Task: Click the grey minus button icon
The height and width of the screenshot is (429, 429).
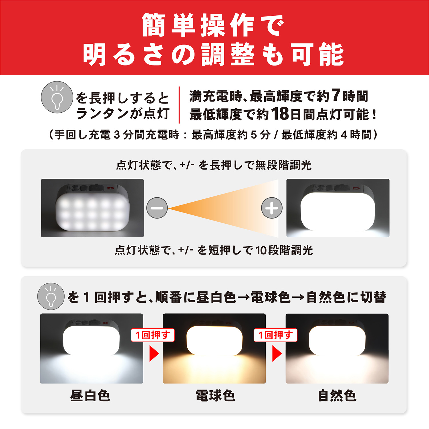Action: [157, 208]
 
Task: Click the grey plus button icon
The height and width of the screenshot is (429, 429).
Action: [272, 208]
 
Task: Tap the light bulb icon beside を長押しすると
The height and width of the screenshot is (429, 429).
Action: [57, 97]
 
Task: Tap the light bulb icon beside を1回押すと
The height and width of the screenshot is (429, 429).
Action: [51, 296]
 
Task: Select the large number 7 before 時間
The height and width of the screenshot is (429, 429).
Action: [336, 95]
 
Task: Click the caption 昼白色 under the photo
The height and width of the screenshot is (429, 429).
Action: [90, 396]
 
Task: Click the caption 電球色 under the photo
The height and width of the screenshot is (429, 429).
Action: [215, 396]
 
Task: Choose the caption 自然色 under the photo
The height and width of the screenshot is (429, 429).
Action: [337, 396]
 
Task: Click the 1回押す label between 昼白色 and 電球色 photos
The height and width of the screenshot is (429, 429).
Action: [153, 335]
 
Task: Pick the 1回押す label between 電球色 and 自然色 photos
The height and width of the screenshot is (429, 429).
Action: [276, 335]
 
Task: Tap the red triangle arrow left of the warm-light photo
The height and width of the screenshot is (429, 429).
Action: [154, 354]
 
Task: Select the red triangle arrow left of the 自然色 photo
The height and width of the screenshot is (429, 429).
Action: [277, 354]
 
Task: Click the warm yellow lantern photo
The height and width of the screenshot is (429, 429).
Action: [214, 348]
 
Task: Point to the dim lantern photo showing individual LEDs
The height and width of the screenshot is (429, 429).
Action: [92, 208]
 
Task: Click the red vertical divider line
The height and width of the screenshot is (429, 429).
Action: [179, 105]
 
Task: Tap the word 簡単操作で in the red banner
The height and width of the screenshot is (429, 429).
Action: [213, 25]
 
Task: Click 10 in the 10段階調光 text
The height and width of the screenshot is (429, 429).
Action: [261, 251]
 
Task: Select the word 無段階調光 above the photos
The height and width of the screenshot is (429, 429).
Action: [283, 165]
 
